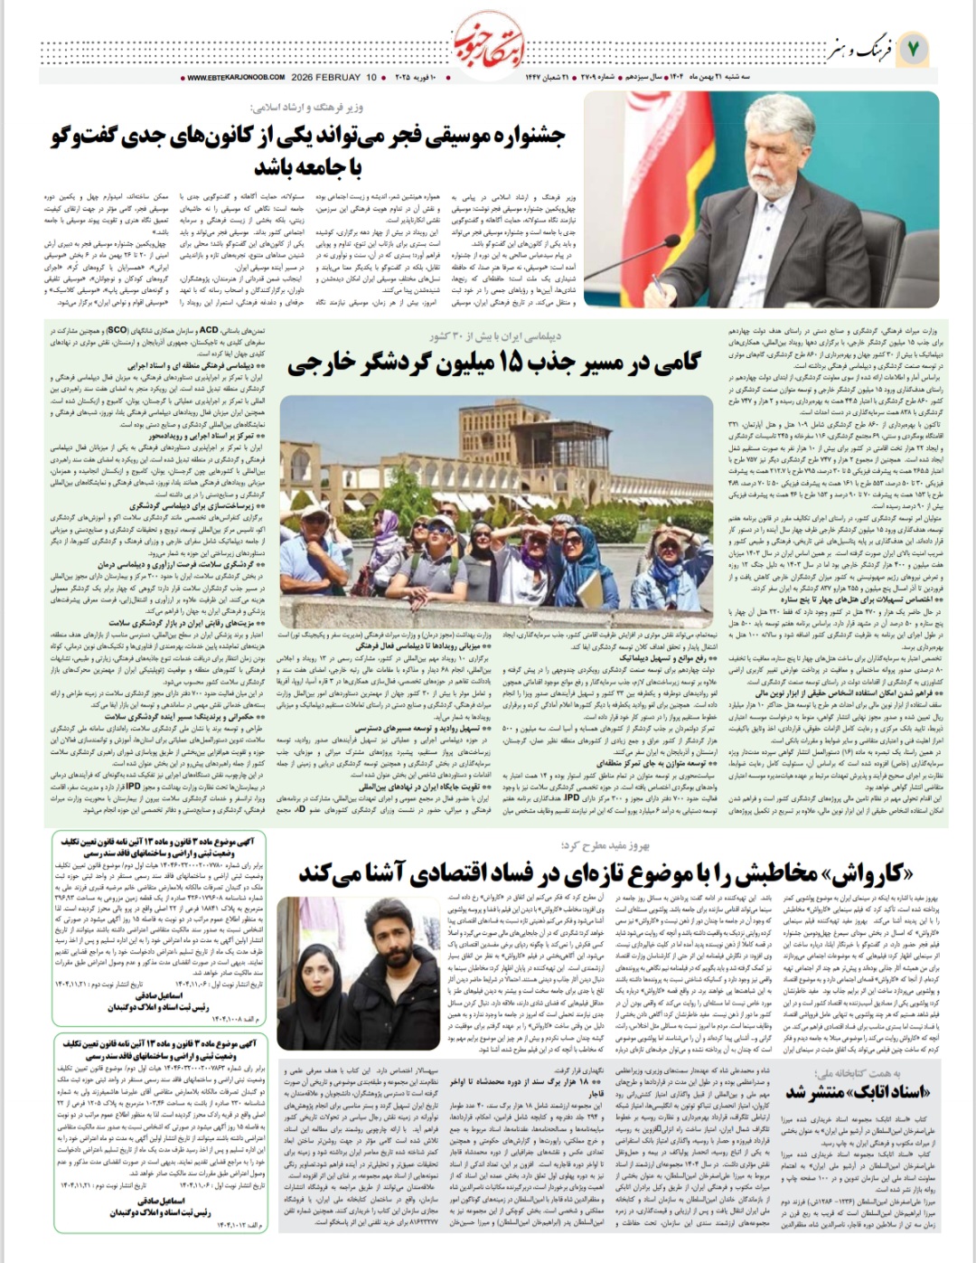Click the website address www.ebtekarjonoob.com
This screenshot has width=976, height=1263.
236,78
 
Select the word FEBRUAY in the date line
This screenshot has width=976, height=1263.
338,78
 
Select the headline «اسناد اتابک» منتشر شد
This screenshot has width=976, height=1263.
844,1091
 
